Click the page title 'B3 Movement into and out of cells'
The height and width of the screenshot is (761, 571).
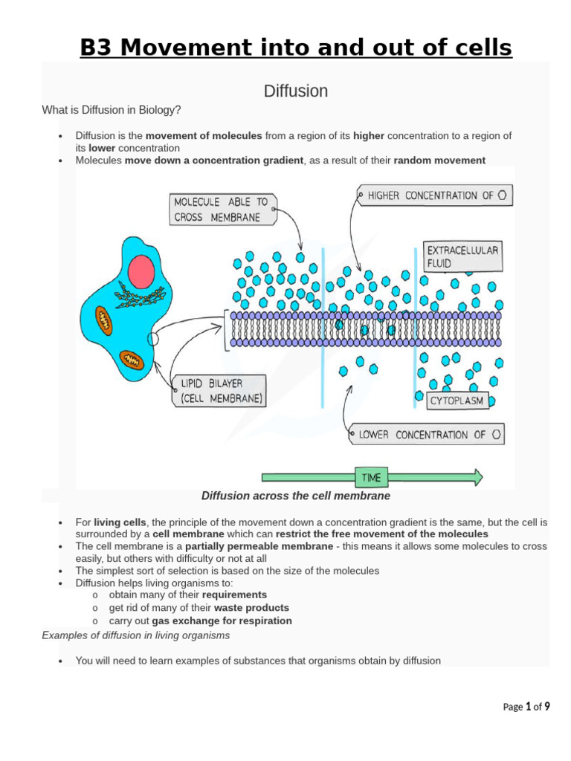click(296, 48)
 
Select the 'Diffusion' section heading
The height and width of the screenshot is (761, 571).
click(296, 91)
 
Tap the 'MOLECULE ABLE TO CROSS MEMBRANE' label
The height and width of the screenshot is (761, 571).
click(222, 210)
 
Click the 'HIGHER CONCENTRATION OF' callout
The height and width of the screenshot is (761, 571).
click(435, 195)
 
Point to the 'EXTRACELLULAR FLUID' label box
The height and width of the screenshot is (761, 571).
click(462, 256)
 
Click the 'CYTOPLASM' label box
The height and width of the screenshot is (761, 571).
click(457, 401)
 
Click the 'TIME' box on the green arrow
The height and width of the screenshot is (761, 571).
click(371, 476)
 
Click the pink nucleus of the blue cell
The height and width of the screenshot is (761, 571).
click(141, 272)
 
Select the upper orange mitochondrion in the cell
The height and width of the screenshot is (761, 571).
click(105, 320)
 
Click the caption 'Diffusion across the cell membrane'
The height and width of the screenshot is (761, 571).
click(296, 496)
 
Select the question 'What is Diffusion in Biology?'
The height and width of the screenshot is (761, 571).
click(112, 110)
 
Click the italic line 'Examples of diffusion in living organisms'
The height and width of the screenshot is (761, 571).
click(136, 635)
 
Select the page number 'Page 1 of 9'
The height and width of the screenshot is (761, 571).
click(526, 707)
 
